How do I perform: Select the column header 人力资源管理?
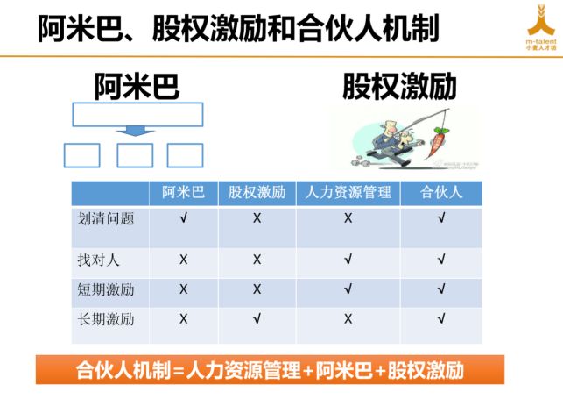(x=348, y=192)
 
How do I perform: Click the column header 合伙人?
(x=440, y=192)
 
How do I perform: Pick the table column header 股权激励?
(x=257, y=192)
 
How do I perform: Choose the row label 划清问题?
(x=106, y=218)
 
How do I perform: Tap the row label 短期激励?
(x=106, y=289)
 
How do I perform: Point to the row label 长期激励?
(x=106, y=319)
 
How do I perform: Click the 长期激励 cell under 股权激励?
(x=257, y=319)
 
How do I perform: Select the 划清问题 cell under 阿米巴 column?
(x=183, y=218)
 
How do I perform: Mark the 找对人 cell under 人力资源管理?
(x=348, y=260)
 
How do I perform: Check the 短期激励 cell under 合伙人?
(x=440, y=289)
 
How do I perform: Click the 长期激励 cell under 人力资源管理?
(x=348, y=319)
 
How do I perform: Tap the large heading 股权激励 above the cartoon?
(x=398, y=86)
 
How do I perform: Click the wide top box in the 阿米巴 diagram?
(x=137, y=114)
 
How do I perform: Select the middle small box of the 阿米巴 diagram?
(x=135, y=155)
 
